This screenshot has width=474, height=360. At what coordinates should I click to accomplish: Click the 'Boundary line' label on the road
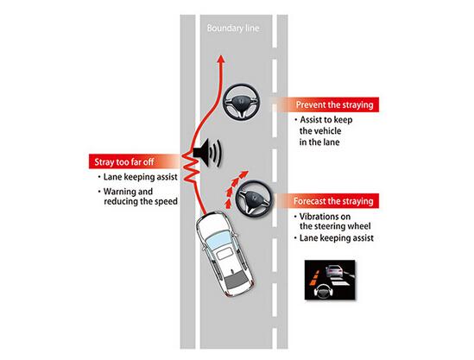click(233, 28)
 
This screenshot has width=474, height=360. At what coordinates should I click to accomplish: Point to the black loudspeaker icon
click(207, 152)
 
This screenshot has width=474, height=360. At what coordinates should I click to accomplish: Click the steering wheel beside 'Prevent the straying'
click(241, 103)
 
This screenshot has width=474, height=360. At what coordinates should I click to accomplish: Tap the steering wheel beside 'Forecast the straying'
click(254, 199)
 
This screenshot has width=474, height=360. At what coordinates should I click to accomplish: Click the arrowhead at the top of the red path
click(221, 59)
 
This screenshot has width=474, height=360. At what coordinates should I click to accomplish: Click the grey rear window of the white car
click(237, 281)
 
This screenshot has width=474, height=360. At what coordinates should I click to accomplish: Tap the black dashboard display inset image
click(330, 280)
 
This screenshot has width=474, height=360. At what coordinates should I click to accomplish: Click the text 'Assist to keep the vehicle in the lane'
click(324, 131)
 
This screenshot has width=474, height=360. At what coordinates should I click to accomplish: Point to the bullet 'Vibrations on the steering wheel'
click(332, 221)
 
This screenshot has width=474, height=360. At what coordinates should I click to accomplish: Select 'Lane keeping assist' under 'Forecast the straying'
click(334, 238)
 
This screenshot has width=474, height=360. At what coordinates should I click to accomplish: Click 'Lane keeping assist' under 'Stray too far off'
click(138, 177)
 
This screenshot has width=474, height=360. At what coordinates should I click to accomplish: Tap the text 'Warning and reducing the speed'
click(138, 197)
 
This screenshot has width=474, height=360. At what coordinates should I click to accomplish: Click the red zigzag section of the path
click(191, 168)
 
